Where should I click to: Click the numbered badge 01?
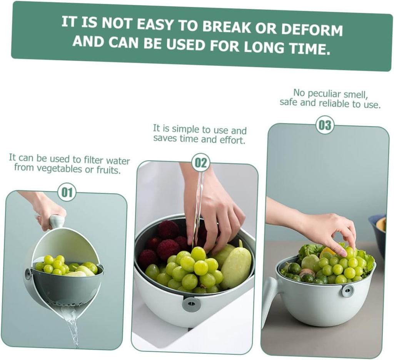[67, 192]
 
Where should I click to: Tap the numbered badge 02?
[200, 162]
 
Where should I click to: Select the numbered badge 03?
[325, 125]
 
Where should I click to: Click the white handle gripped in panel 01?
[56, 221]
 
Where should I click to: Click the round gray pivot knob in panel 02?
[191, 304]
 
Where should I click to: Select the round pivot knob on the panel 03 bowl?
[348, 291]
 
